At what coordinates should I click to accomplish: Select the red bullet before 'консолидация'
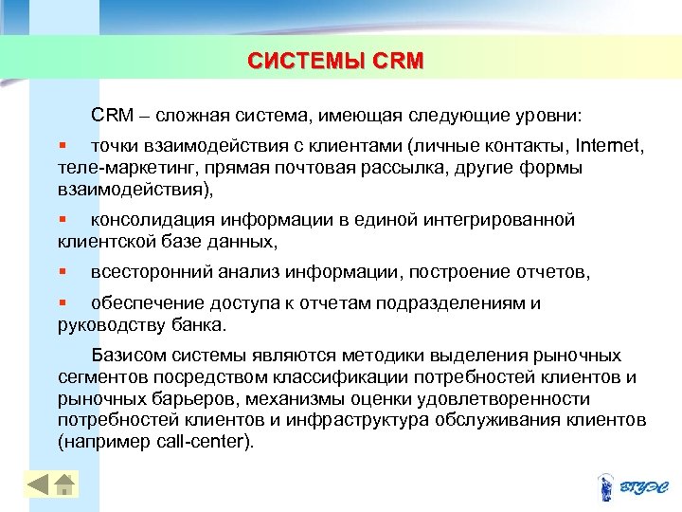[x=62, y=220]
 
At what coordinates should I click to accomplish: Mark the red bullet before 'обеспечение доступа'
[x=62, y=303]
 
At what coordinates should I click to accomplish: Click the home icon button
[x=64, y=485]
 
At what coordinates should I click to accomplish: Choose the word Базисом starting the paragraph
[x=130, y=357]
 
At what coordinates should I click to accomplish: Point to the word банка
[x=200, y=324]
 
